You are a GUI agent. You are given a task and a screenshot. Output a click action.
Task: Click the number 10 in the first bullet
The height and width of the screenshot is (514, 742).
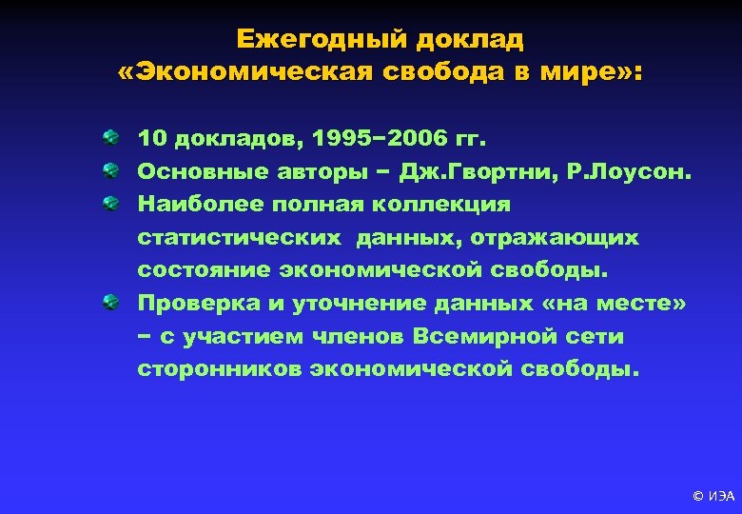152,139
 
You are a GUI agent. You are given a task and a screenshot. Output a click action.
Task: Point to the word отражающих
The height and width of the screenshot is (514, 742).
570,237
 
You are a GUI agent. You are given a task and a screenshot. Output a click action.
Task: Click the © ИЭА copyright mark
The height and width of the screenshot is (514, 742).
713,495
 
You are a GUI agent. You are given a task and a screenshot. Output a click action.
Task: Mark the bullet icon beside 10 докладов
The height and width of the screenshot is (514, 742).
112,139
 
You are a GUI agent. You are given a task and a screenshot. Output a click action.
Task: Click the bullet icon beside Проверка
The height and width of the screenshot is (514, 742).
112,302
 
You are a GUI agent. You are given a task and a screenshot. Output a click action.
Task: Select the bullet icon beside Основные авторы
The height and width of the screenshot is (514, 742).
112,171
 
